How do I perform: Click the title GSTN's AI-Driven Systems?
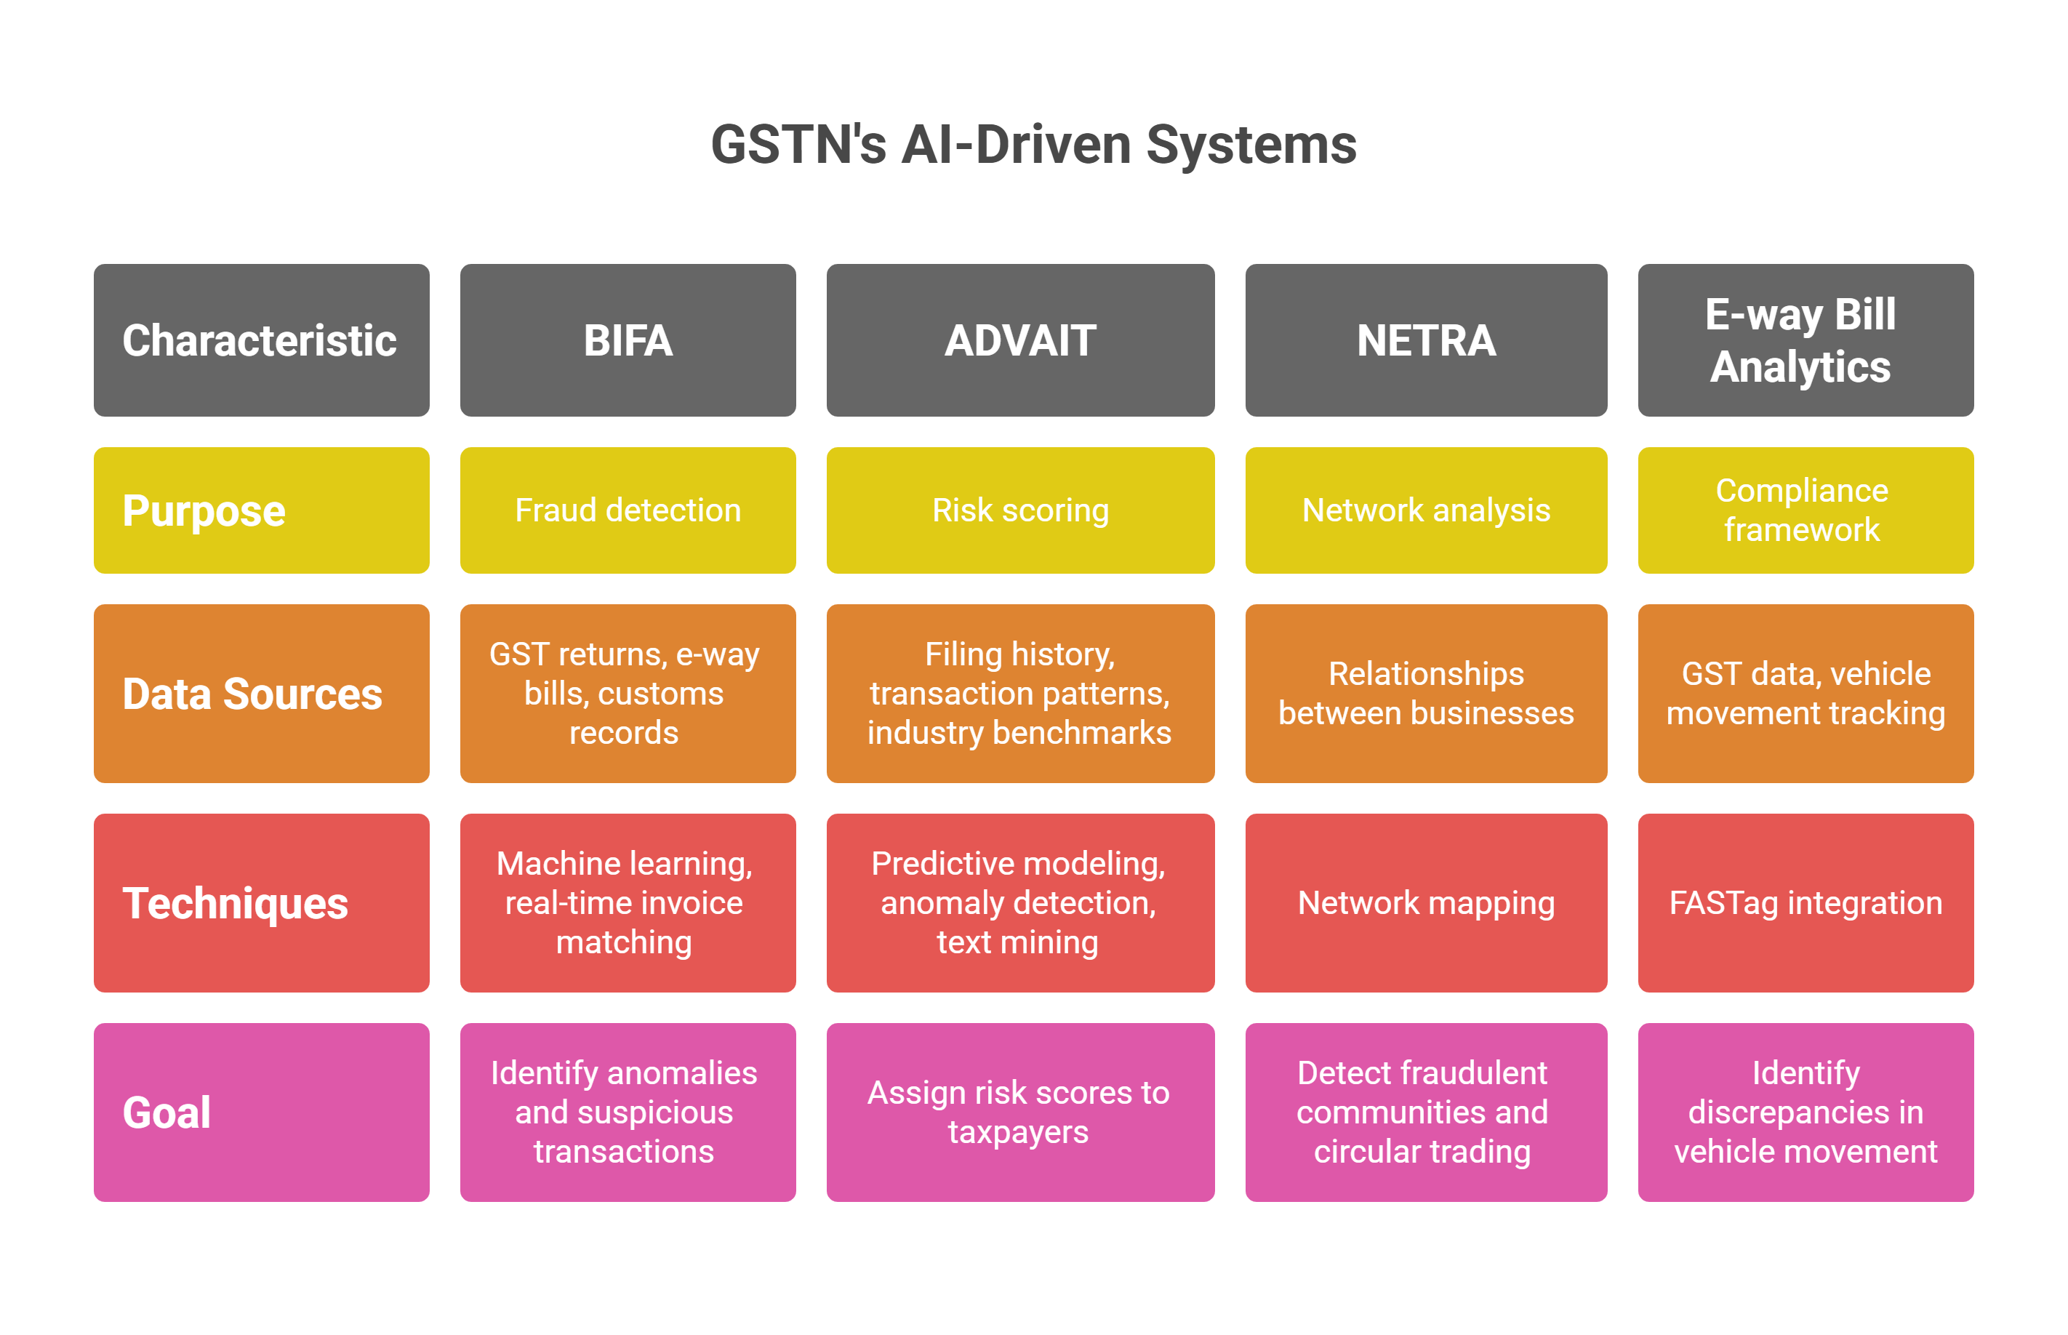(x=1033, y=145)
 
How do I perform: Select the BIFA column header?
(x=628, y=340)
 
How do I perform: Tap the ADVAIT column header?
(x=1020, y=340)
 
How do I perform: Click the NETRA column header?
(x=1426, y=340)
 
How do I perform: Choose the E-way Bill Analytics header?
(x=1805, y=340)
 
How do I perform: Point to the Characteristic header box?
(x=261, y=340)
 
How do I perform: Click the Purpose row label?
(x=261, y=510)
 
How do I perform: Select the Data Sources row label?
(x=261, y=694)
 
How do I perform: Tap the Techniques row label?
(x=261, y=902)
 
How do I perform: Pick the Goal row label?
(x=261, y=1112)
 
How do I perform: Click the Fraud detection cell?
(x=628, y=510)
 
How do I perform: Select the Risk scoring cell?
(x=1020, y=510)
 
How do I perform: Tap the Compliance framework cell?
(x=1805, y=510)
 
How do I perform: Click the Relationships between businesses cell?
(x=1426, y=694)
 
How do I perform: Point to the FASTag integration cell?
(x=1805, y=902)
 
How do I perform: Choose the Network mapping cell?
(x=1426, y=902)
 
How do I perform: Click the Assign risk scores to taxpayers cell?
(x=1020, y=1112)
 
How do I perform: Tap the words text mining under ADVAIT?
(x=1017, y=942)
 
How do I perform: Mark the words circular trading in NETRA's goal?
(x=1422, y=1152)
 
